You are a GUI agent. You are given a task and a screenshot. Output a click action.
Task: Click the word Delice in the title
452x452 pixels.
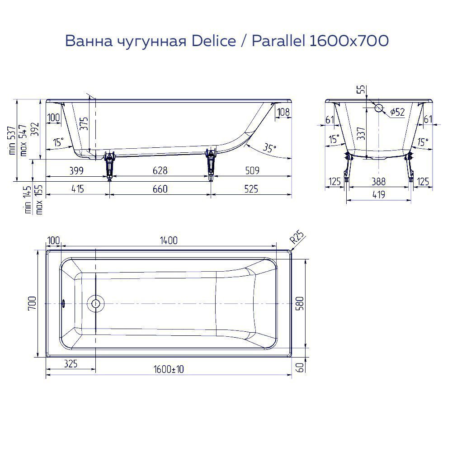(x=214, y=41)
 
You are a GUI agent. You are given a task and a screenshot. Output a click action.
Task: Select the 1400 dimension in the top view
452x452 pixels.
(x=168, y=241)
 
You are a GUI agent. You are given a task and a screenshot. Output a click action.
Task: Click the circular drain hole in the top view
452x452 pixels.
(x=96, y=303)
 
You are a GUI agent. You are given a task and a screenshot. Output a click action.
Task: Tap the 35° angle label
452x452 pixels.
(x=269, y=148)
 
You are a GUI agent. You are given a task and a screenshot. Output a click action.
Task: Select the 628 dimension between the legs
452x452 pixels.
(x=160, y=171)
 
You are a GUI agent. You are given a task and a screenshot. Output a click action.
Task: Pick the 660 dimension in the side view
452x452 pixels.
(x=160, y=189)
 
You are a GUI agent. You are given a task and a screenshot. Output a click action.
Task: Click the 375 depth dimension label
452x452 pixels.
(x=84, y=123)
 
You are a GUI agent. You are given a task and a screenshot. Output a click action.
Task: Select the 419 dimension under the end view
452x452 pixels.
(x=379, y=195)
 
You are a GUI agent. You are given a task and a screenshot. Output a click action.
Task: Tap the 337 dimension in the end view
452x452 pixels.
(x=361, y=134)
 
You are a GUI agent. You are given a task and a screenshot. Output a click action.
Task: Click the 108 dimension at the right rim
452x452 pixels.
(x=282, y=112)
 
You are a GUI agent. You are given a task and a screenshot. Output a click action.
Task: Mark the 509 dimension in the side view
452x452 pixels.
(x=252, y=171)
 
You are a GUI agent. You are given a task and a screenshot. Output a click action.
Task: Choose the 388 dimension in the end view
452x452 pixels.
(x=379, y=182)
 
